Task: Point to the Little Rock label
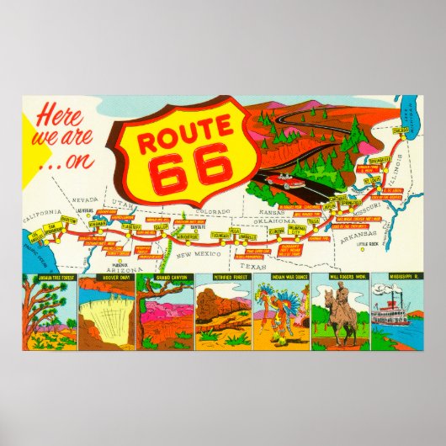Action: [x=368, y=245]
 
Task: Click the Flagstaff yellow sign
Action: [x=130, y=226]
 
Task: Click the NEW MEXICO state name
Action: [x=199, y=253]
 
